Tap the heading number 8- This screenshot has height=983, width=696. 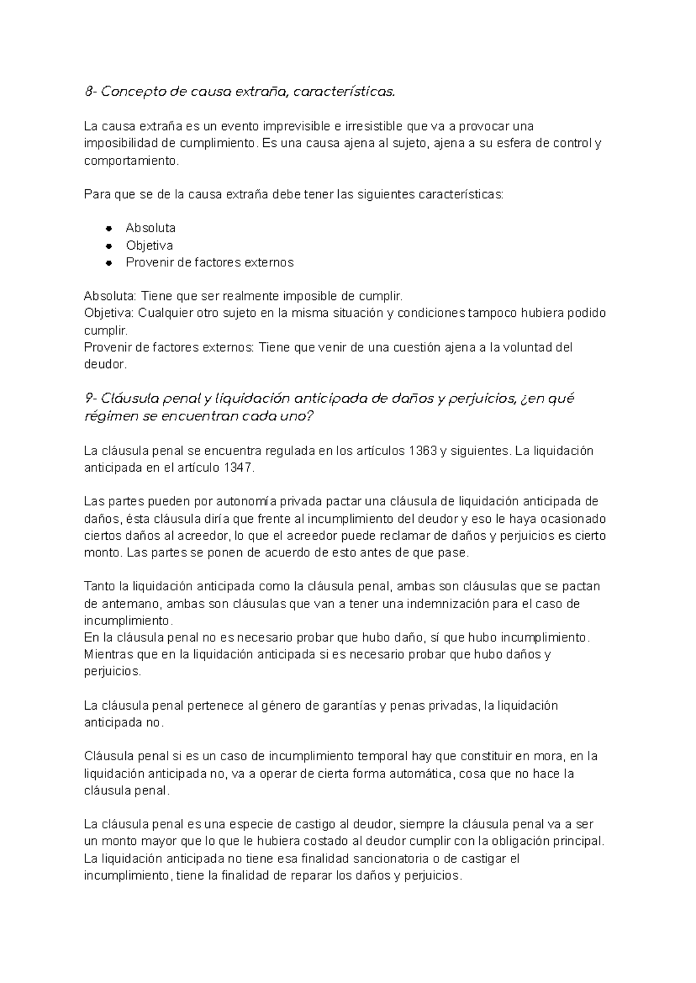click(90, 92)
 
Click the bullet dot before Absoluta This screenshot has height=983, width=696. click(108, 228)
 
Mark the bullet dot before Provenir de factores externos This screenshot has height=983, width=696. click(108, 262)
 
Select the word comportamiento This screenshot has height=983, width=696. click(130, 161)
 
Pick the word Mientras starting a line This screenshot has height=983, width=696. click(108, 654)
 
